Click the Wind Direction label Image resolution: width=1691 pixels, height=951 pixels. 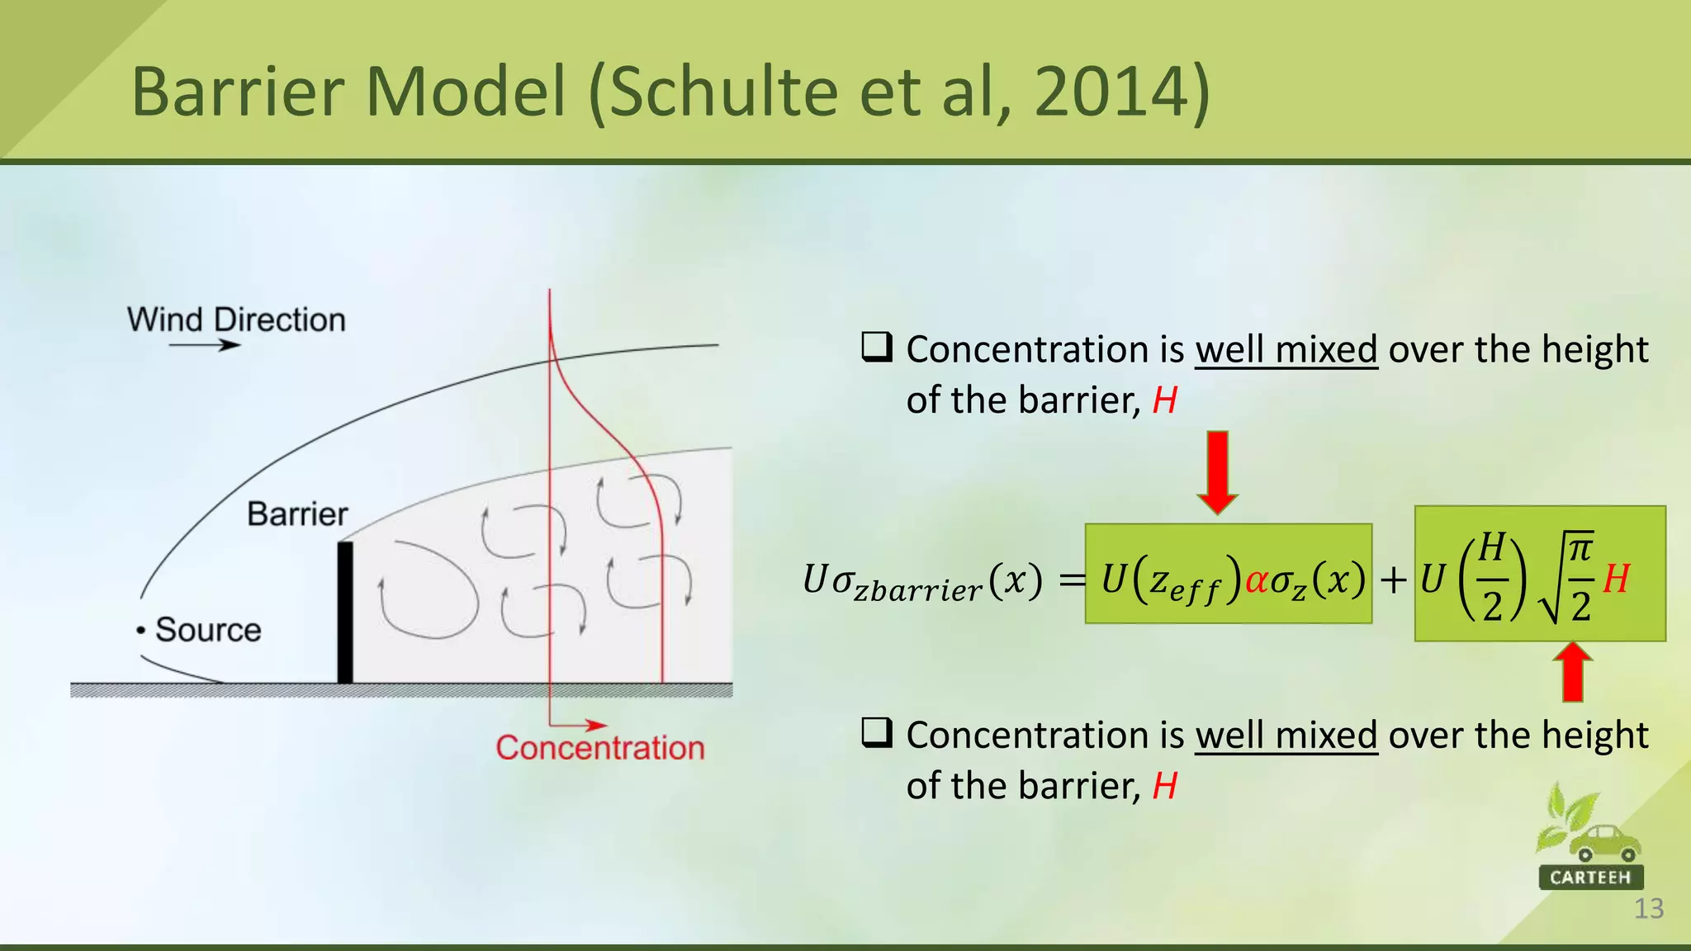pyautogui.click(x=236, y=319)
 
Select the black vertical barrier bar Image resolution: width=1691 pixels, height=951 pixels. pyautogui.click(x=345, y=612)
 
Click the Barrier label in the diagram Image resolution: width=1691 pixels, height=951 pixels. pyautogui.click(x=297, y=514)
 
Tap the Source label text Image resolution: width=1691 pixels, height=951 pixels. pyautogui.click(x=208, y=630)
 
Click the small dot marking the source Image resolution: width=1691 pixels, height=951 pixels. pyautogui.click(x=141, y=631)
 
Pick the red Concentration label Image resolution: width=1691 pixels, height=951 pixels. pyautogui.click(x=599, y=748)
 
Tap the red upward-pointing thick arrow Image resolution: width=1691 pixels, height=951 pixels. pyautogui.click(x=1572, y=672)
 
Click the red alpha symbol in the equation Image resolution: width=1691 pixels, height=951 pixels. pyautogui.click(x=1256, y=580)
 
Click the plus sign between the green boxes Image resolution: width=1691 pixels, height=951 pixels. pyautogui.click(x=1394, y=580)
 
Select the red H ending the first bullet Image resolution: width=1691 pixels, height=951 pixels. pyautogui.click(x=1164, y=400)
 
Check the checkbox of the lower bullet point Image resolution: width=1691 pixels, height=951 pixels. pyautogui.click(x=876, y=732)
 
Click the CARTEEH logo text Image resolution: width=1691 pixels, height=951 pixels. pyautogui.click(x=1590, y=877)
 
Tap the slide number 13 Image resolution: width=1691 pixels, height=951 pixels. pyautogui.click(x=1648, y=909)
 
